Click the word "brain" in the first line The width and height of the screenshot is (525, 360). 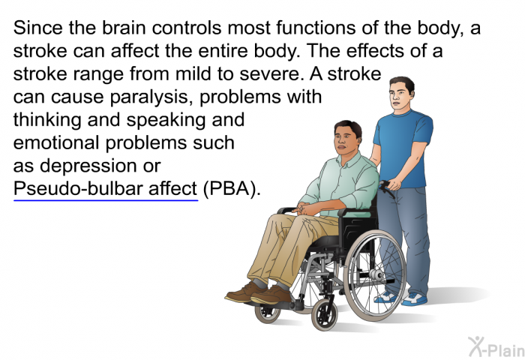[124, 28]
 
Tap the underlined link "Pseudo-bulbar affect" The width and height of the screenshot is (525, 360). [106, 188]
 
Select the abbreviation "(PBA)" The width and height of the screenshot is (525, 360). [231, 188]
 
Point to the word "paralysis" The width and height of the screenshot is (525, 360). [151, 97]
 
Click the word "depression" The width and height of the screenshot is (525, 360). [88, 166]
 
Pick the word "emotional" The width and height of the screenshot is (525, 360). [57, 142]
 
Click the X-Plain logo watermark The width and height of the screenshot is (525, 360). [496, 346]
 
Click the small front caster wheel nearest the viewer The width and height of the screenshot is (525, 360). [325, 315]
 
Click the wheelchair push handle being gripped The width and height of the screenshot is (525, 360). [386, 187]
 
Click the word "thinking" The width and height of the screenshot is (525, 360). [46, 120]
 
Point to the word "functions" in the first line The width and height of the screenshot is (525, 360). [316, 28]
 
